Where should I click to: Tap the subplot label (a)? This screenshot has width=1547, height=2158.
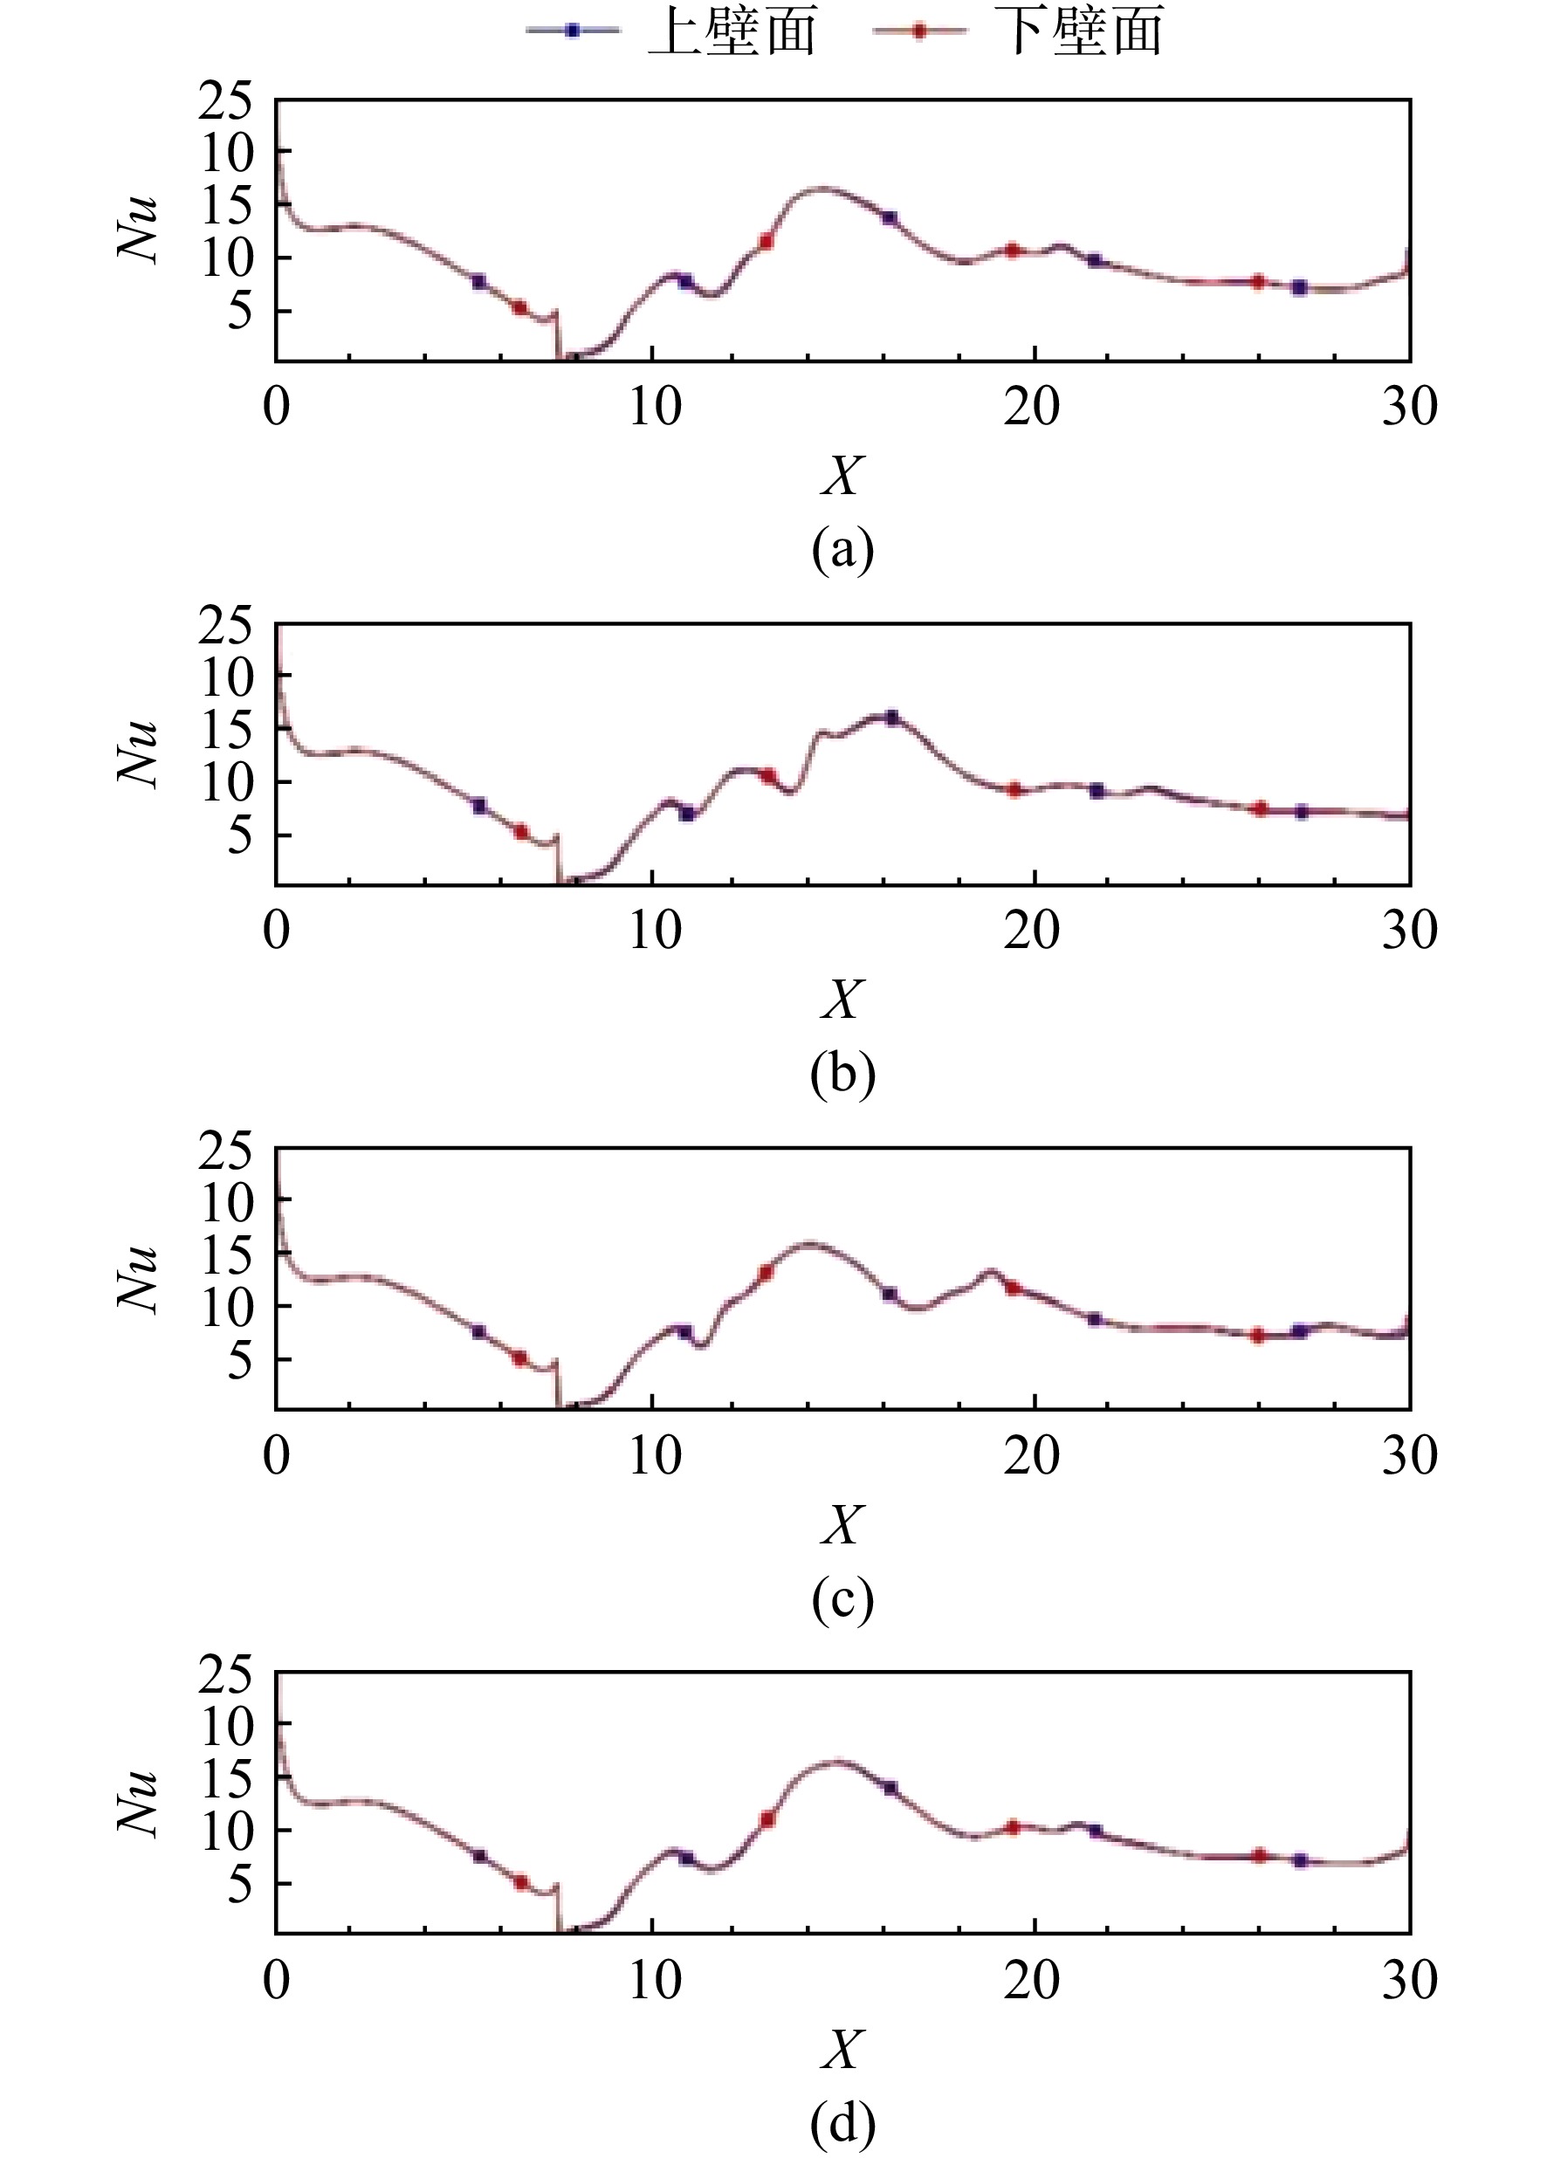(842, 550)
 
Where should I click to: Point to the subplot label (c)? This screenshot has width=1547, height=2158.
(842, 1598)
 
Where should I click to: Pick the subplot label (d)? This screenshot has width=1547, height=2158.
(842, 2123)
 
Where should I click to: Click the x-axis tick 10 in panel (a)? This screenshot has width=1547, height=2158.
(655, 406)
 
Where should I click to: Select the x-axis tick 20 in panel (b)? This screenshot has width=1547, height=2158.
(1031, 931)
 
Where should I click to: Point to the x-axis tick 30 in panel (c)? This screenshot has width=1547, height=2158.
(1409, 1455)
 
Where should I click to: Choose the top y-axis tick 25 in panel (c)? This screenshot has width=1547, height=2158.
(225, 1151)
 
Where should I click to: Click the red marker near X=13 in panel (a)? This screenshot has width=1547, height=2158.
(765, 242)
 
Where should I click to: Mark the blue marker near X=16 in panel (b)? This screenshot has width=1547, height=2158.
(891, 718)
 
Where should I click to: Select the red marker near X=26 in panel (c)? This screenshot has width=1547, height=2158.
(1258, 1335)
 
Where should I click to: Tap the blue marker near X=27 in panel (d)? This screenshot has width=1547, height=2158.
(1301, 1860)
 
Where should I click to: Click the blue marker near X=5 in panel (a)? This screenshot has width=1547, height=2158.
(478, 281)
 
